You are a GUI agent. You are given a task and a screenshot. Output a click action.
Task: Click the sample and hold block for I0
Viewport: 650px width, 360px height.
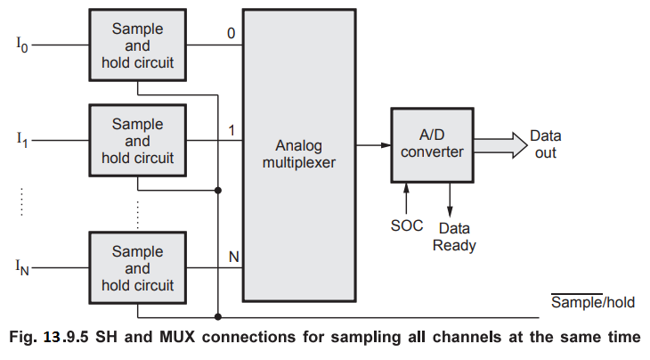pos(136,45)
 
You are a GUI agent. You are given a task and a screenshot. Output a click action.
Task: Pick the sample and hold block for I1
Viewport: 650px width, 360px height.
pos(136,141)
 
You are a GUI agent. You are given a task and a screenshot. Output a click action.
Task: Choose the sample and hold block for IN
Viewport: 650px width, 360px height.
pos(136,266)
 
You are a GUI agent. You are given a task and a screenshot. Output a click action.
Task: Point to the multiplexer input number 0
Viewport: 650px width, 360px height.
pos(231,34)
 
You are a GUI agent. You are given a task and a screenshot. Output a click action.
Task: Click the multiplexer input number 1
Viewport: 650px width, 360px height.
pos(231,130)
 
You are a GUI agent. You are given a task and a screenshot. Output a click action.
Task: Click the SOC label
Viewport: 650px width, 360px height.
pos(406,225)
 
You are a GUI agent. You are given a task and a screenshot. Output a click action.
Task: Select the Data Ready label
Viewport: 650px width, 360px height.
pos(454,237)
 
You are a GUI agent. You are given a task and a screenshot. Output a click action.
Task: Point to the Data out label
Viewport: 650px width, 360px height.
pos(545,144)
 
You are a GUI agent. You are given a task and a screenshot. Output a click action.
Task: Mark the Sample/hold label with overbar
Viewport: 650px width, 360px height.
pos(593,302)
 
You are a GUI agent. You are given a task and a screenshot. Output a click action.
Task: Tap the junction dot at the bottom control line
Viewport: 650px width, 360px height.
pos(217,315)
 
